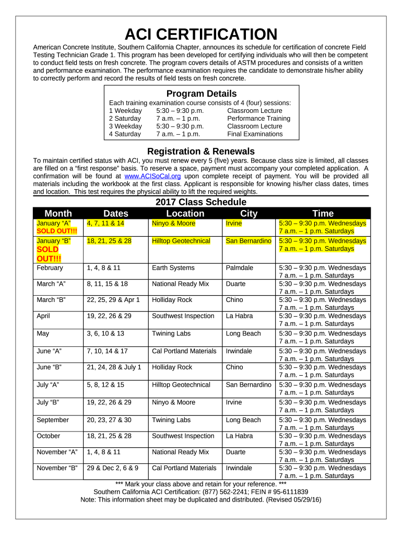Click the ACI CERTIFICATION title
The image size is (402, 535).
201,34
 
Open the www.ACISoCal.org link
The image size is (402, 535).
153,176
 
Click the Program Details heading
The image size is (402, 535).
201,94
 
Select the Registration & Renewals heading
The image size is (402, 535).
201,152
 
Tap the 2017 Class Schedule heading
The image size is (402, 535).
201,202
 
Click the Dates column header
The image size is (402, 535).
116,213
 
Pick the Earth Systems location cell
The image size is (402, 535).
173,268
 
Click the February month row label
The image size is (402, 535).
50,268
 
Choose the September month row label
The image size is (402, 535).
53,420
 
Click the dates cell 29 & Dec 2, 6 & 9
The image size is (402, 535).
113,468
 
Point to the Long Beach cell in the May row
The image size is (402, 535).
243,333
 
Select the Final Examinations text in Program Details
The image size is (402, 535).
255,134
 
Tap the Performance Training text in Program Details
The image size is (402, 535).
258,119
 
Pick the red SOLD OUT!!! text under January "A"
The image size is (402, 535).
56,231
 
